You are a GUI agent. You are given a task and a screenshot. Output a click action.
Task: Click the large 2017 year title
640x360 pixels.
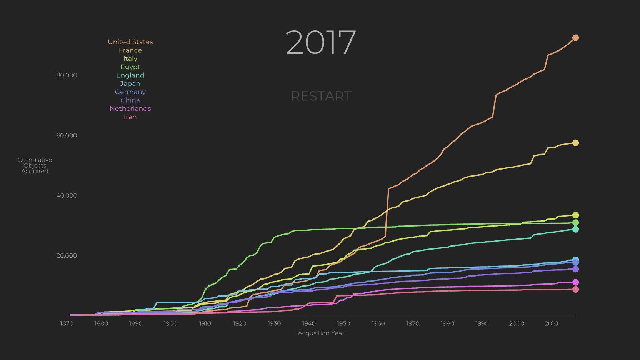point(321,42)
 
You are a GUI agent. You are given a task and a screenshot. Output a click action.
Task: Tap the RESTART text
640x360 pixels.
point(321,96)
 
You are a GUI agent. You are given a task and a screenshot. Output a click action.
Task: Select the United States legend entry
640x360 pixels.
point(130,42)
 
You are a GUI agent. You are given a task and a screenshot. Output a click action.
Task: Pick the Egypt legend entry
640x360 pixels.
point(130,67)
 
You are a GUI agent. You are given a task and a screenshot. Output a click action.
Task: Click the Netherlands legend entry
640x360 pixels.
point(130,108)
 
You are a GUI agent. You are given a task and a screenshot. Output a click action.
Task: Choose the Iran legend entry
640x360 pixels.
point(130,117)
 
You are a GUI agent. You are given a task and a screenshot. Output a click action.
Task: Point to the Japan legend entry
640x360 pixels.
point(130,83)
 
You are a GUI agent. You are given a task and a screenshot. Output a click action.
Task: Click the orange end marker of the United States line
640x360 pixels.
point(575,38)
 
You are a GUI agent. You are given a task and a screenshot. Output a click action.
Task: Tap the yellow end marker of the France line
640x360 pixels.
point(575,143)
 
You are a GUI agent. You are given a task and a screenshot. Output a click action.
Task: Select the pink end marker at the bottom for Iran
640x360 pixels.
point(575,289)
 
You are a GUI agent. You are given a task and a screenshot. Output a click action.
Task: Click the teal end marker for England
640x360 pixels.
point(575,229)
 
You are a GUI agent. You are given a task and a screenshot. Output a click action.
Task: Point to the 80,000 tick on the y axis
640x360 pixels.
point(67,75)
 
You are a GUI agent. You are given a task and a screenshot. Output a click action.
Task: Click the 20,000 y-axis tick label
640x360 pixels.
point(67,256)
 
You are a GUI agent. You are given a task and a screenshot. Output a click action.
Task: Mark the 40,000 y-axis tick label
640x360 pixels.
point(67,196)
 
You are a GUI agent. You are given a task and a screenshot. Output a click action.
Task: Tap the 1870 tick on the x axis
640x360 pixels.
point(67,323)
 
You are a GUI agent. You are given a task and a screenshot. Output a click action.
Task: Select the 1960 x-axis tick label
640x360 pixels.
point(378,323)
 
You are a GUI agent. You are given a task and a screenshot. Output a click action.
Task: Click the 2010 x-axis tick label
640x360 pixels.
point(551,323)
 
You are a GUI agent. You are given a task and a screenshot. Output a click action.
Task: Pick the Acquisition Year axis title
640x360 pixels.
point(321,333)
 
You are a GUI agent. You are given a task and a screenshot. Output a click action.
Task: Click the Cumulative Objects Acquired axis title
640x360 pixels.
point(35,165)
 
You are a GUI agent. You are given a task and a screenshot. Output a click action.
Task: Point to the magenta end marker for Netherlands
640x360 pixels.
point(575,282)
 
